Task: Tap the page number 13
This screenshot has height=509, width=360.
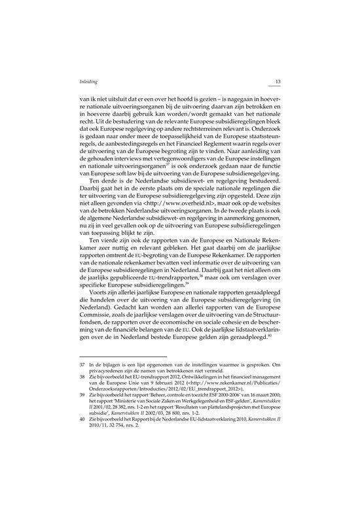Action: click(278, 82)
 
